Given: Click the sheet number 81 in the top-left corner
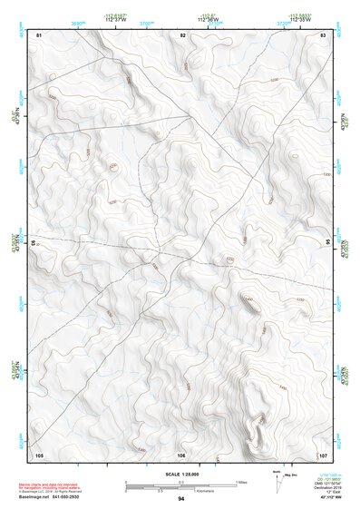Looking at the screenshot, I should click(x=39, y=34).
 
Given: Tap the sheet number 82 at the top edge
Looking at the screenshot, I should click(x=182, y=34).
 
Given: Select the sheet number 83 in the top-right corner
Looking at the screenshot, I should click(x=323, y=34).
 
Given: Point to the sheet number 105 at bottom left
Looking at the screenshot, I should click(x=39, y=454).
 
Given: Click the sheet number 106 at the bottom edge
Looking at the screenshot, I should click(x=181, y=454).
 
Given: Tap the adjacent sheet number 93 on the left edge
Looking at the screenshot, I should click(x=35, y=244).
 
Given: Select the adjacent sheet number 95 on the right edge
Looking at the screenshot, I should click(x=327, y=242).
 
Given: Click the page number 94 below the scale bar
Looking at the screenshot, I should click(x=181, y=499).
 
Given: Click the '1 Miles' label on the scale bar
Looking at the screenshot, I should click(x=240, y=481).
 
